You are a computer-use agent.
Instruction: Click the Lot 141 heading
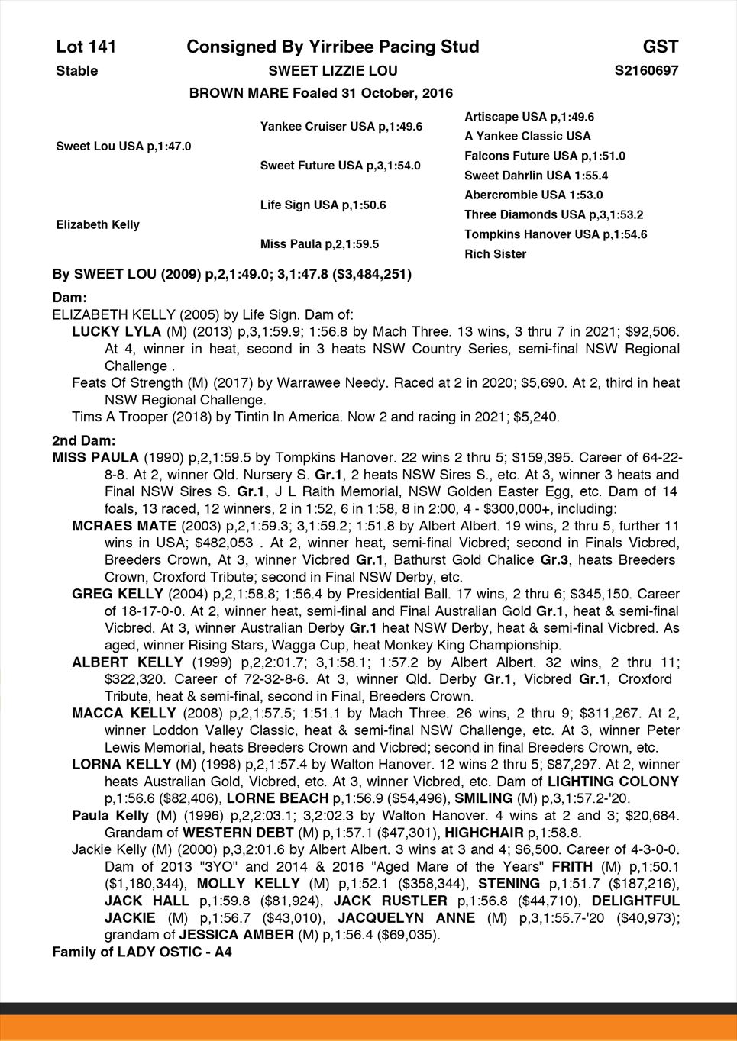[86, 47]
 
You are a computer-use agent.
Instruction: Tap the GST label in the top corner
[660, 47]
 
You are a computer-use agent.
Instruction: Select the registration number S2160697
[646, 71]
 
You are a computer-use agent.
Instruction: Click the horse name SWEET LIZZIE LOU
[332, 71]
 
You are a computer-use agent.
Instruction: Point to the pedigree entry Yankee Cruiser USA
[341, 126]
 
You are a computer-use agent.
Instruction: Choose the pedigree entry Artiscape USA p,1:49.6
[529, 117]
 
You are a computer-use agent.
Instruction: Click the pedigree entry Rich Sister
[495, 254]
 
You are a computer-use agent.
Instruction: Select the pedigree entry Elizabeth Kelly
[98, 224]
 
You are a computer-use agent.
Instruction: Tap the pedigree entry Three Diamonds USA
[553, 214]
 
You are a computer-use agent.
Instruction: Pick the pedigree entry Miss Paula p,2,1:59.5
[319, 244]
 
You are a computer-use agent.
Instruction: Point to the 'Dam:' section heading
[69, 297]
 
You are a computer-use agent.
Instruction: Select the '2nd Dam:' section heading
[83, 441]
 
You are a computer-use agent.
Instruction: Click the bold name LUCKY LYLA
[116, 332]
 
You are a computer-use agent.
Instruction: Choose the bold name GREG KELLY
[118, 594]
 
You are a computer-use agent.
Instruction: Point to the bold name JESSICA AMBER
[236, 935]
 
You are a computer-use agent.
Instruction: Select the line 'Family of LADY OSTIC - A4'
[141, 952]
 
